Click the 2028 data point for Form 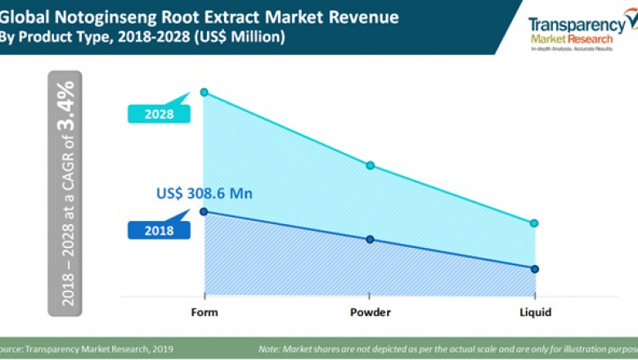pos(204,92)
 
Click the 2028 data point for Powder pos(370,165)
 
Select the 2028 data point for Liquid pos(534,223)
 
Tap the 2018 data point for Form pos(204,211)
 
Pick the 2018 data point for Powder pos(370,240)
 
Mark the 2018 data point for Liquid pos(534,268)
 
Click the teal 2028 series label pos(159,115)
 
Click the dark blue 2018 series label pos(159,231)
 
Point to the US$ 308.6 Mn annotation pos(204,194)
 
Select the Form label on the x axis pos(204,313)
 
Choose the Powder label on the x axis pos(370,313)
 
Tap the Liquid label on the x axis pos(535,313)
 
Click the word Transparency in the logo pos(576,25)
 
